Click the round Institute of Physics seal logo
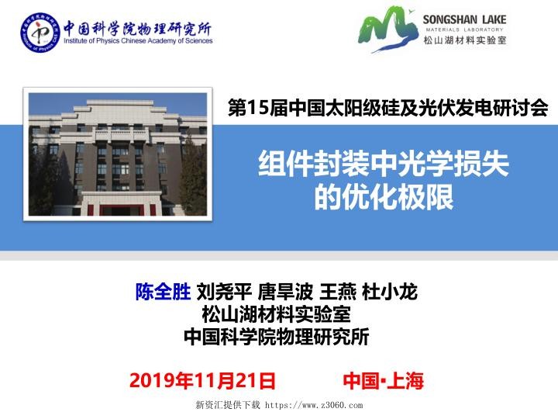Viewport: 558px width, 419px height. (x=40, y=35)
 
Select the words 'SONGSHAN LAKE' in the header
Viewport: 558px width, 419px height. (x=464, y=19)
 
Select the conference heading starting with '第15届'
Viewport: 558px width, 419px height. (x=387, y=109)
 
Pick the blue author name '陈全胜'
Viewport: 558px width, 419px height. (x=163, y=293)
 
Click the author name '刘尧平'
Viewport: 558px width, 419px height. (x=224, y=293)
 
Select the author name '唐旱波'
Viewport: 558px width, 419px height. (x=286, y=293)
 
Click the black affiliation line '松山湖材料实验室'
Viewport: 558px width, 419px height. (x=276, y=315)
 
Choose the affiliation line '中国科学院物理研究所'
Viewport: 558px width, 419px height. (x=276, y=338)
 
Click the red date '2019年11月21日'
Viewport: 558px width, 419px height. (x=202, y=381)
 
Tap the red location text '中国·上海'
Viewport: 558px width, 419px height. (x=383, y=381)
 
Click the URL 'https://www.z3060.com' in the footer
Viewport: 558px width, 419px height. (x=314, y=405)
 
